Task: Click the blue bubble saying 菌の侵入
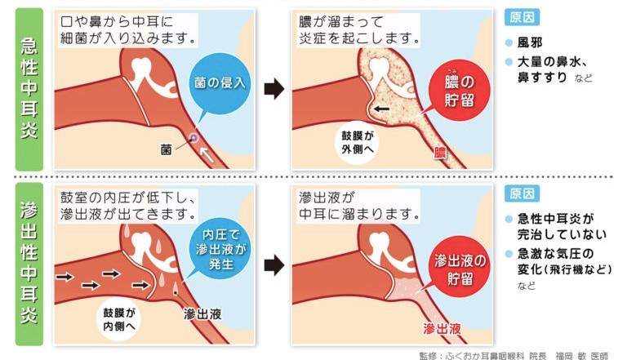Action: [220, 82]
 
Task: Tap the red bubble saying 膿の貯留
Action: [459, 90]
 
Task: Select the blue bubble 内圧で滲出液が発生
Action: [220, 250]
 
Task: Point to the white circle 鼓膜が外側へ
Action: [358, 143]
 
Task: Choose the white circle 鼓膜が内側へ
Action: [118, 319]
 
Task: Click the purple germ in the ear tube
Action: [193, 138]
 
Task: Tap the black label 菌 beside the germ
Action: [166, 150]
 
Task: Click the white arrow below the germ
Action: [207, 155]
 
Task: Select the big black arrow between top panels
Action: [274, 89]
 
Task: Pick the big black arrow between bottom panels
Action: [274, 264]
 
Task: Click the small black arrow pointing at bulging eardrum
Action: [380, 109]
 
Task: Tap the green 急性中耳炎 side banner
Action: [29, 89]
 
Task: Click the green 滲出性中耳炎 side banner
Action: [29, 264]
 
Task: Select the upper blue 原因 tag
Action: [522, 18]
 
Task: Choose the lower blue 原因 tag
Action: [522, 193]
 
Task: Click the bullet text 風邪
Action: [530, 42]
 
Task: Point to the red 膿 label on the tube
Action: [440, 153]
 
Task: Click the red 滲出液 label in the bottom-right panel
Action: [442, 329]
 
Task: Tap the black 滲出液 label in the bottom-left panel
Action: [202, 314]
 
